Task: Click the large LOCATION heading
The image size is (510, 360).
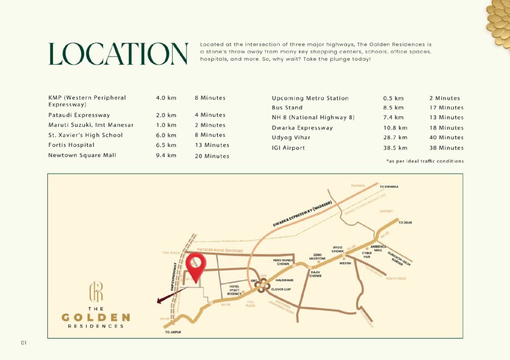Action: pos(118,54)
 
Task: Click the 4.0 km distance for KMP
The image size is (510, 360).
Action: pos(166,98)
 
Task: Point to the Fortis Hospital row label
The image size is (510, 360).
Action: pos(71,145)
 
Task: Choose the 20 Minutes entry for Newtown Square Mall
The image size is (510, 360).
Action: pos(212,156)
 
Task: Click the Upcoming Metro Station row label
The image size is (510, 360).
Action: pos(310,98)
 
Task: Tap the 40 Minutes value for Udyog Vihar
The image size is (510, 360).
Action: pos(446,137)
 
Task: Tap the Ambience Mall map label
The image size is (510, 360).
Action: pos(379,249)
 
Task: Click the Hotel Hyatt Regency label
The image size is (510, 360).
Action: pos(234,290)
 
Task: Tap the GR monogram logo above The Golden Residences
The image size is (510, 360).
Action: pos(96,291)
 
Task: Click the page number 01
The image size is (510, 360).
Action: pos(23,343)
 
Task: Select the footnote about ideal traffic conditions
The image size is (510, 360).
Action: pos(425,161)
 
